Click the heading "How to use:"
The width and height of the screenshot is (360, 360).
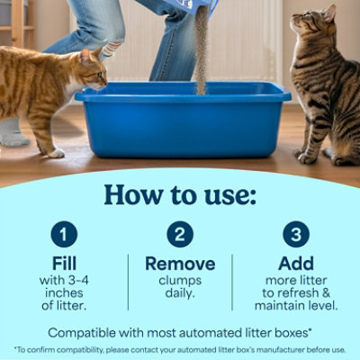(x=180, y=194)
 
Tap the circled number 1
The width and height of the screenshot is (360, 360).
(x=64, y=236)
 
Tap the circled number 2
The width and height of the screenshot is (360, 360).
(x=180, y=236)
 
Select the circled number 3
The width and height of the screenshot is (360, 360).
(x=296, y=236)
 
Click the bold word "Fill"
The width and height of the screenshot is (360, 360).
(x=64, y=264)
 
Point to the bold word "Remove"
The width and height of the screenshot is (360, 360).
(x=180, y=264)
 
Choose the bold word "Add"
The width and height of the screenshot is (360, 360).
(x=296, y=264)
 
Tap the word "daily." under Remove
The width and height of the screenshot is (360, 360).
(x=180, y=292)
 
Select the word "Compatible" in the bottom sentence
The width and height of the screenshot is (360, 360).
(x=84, y=331)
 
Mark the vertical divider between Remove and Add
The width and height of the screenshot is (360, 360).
(x=232, y=282)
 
